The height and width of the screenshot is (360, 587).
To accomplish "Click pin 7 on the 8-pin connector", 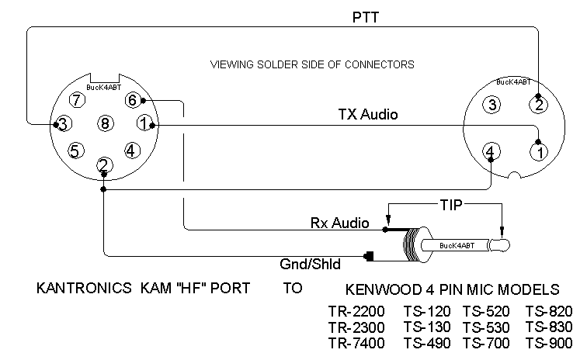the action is click(x=77, y=100).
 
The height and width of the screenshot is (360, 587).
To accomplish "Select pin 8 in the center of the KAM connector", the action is click(x=105, y=123).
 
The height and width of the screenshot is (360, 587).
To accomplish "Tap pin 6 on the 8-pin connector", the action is click(x=133, y=100).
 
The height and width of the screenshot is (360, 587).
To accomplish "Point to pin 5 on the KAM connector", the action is click(x=75, y=151).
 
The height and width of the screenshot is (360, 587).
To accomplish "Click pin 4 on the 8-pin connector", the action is click(x=131, y=151).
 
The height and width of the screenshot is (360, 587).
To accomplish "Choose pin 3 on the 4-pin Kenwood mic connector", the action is click(x=492, y=105).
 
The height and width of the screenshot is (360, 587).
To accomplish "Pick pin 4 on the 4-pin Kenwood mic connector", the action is click(x=491, y=151).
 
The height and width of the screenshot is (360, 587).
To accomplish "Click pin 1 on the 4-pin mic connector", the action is click(x=539, y=152).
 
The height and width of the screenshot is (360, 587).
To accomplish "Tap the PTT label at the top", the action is click(x=366, y=17).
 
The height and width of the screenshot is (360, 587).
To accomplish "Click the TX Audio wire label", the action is click(x=368, y=114).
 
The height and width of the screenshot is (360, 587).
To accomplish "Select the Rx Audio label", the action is click(x=340, y=223).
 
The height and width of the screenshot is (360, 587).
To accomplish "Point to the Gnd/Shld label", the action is click(x=310, y=265).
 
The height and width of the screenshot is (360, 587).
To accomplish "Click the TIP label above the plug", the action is click(x=450, y=205).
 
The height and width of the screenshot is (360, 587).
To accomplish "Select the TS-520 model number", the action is click(x=486, y=311).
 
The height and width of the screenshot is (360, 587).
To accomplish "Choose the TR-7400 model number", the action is click(x=356, y=343).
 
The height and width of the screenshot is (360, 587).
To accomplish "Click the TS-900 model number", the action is click(x=549, y=343).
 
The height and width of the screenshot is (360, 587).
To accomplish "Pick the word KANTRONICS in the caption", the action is click(x=84, y=288).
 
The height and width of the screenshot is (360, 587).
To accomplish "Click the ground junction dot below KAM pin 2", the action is click(x=104, y=189).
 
